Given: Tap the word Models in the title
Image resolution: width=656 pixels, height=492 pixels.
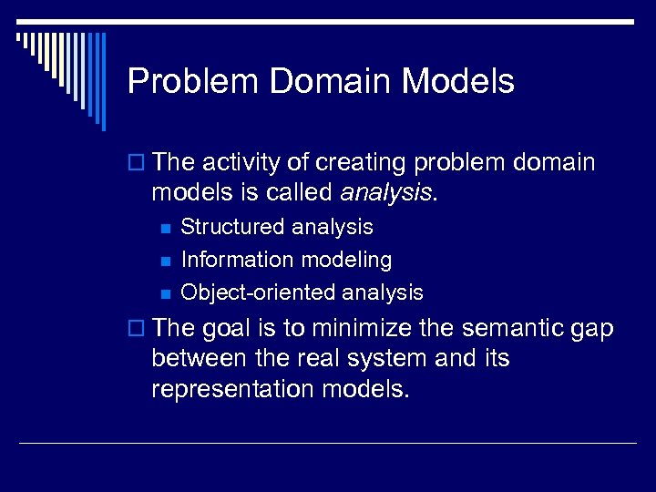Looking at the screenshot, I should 458,82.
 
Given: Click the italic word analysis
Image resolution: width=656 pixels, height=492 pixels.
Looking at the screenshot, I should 385,193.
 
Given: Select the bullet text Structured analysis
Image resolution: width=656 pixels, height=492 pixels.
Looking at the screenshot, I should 277,227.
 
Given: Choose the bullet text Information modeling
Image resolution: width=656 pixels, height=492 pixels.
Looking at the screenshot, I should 286,260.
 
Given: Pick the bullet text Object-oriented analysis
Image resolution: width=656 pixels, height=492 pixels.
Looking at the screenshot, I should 302,292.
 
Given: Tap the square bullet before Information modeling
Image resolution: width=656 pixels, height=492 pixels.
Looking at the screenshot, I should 165,261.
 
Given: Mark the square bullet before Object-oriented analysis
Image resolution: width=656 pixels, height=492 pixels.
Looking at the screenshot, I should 165,293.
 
